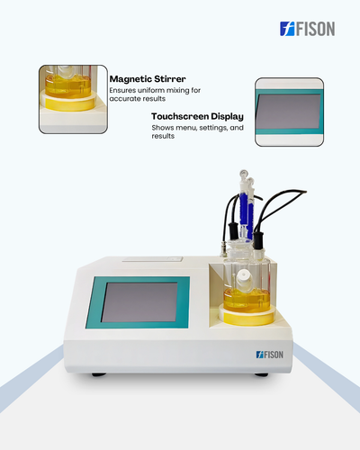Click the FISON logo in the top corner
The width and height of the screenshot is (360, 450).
[307, 29]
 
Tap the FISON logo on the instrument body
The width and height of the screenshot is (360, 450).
[270, 355]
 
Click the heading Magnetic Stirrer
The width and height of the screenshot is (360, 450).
[148, 79]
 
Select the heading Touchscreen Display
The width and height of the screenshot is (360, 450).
[197, 116]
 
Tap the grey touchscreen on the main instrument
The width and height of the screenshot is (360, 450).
[139, 302]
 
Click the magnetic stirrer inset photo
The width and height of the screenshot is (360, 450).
[73, 99]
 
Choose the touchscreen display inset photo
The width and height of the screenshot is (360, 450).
[289, 112]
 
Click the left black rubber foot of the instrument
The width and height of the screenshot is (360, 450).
[99, 374]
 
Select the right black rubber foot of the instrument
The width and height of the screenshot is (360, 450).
[261, 374]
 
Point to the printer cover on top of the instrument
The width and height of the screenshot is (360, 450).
[152, 259]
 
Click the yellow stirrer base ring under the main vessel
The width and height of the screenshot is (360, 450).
[247, 317]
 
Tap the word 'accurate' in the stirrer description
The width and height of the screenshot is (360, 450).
[123, 99]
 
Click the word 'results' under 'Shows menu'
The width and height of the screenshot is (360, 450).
[163, 136]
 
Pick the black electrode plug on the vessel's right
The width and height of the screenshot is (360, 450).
[258, 240]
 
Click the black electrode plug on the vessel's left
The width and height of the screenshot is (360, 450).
[234, 231]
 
